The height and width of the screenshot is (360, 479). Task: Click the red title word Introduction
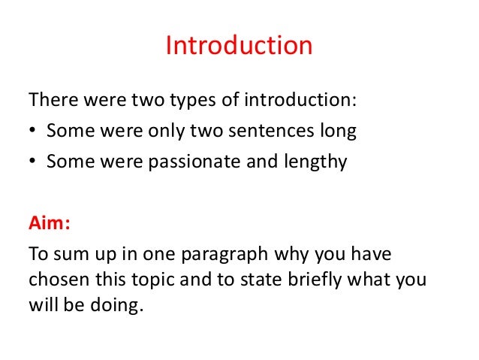click(238, 46)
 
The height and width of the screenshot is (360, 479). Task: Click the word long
click(339, 132)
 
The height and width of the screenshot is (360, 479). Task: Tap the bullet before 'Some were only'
click(33, 132)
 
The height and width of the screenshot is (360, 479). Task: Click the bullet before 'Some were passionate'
click(33, 162)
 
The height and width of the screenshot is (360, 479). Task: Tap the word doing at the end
click(120, 308)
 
